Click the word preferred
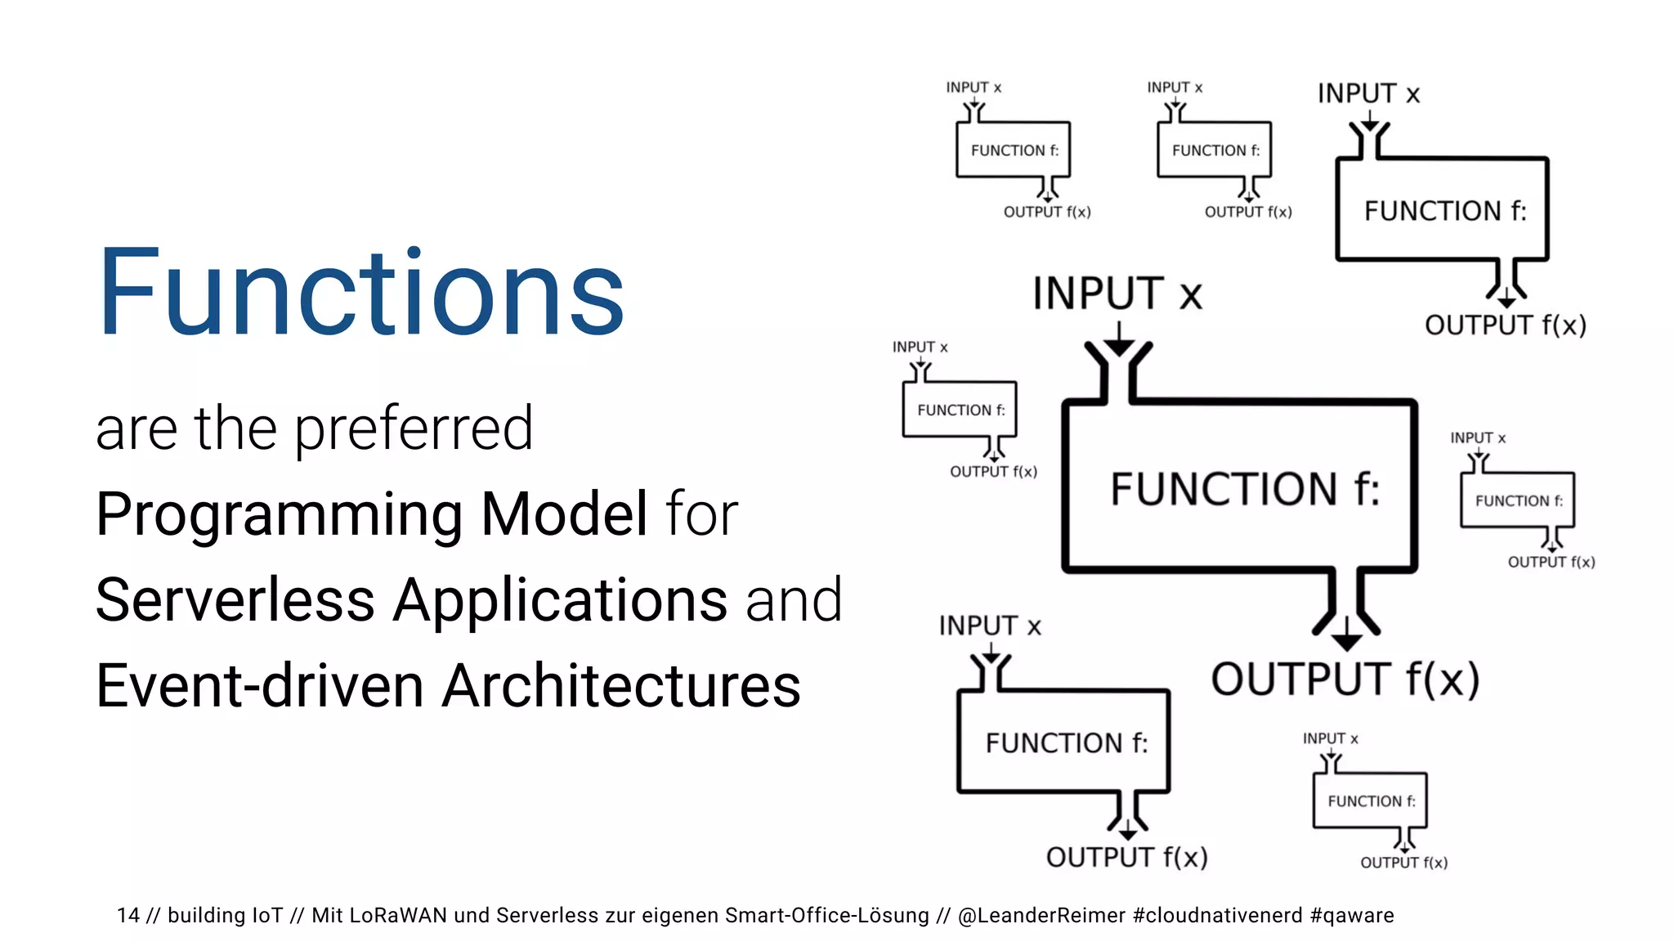(413, 428)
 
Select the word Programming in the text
(280, 515)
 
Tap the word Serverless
(235, 600)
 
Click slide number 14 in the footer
(128, 915)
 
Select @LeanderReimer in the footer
(1041, 915)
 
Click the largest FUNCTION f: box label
(1244, 489)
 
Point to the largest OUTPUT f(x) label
(1345, 679)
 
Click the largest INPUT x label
(1117, 294)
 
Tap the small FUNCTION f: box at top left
(1014, 150)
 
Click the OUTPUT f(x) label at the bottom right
(1403, 863)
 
